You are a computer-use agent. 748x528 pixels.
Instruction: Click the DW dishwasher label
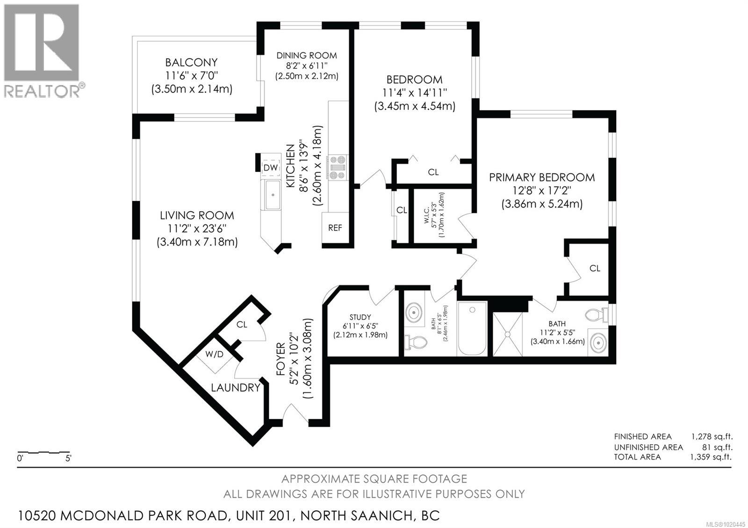270,167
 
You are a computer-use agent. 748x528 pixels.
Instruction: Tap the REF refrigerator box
335,228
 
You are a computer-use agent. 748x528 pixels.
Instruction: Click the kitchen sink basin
271,194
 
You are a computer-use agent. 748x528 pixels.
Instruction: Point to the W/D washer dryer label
215,354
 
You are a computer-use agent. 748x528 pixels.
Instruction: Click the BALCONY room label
191,62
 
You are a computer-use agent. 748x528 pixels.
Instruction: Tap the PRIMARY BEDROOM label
542,177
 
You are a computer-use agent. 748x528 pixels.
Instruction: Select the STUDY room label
360,317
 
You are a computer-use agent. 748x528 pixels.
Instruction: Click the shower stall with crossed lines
508,334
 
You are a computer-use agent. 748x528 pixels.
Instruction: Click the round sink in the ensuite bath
598,342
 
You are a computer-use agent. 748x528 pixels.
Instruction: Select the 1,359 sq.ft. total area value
711,457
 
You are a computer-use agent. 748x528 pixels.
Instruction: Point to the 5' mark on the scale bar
68,458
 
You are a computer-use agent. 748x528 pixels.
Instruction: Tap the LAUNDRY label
235,387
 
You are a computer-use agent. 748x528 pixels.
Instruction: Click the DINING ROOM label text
306,55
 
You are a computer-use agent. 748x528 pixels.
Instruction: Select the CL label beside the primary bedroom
595,268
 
